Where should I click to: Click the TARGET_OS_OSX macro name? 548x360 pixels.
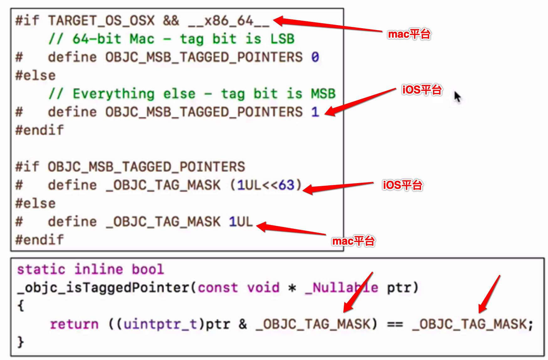[101, 21]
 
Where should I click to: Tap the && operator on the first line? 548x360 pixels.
[171, 21]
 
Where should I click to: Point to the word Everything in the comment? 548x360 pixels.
[113, 94]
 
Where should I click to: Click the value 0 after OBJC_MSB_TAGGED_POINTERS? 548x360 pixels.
[315, 57]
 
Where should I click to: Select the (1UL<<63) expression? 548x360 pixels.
[266, 185]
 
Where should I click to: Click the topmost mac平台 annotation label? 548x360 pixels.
[409, 34]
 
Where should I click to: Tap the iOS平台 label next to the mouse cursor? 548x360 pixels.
[422, 90]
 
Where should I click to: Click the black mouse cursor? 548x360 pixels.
[457, 97]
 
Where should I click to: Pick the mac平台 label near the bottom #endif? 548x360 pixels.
[354, 241]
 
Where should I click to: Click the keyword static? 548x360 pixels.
[41, 269]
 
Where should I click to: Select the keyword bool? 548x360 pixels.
[148, 269]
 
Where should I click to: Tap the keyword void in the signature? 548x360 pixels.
[263, 288]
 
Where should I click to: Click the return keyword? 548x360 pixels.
[74, 324]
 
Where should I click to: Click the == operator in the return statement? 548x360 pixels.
[395, 324]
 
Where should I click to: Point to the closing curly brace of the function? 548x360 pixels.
[21, 342]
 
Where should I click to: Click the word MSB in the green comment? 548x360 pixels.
[323, 94]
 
